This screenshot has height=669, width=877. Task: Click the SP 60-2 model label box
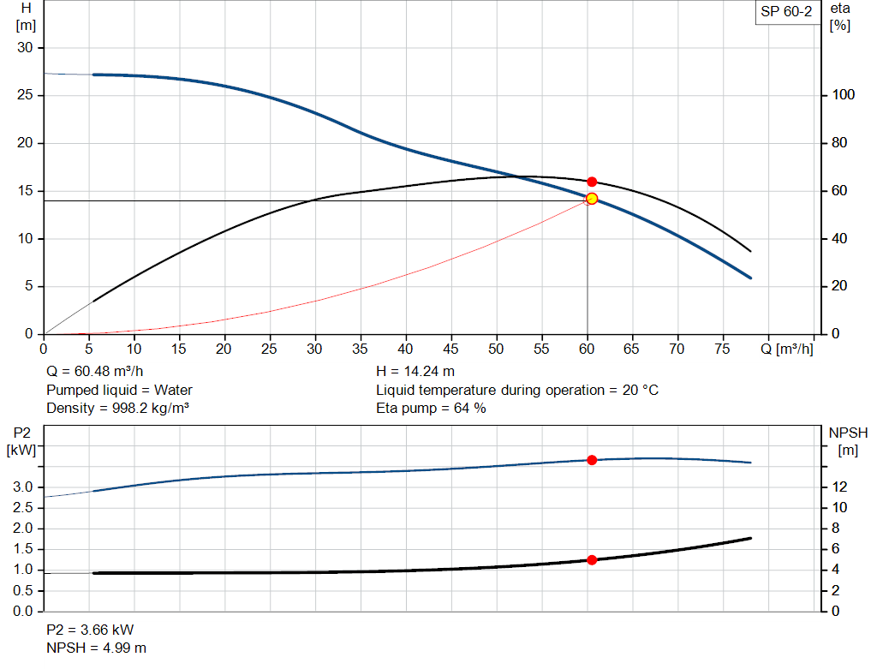tap(785, 12)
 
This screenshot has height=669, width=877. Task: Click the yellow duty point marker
tap(591, 199)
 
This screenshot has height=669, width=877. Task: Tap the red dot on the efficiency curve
tap(592, 182)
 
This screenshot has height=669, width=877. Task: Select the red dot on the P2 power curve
tap(592, 460)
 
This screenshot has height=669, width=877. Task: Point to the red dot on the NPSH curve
tap(592, 560)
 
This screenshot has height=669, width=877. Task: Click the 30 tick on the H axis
tap(25, 48)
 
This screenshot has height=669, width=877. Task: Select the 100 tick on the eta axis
tap(844, 95)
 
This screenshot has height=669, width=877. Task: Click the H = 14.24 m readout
tap(415, 372)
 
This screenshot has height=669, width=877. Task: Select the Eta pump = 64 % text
tap(431, 408)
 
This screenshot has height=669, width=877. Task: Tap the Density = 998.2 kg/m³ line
tap(117, 408)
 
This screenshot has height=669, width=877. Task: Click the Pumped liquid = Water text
tap(119, 390)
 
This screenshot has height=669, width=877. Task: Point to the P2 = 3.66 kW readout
tap(90, 630)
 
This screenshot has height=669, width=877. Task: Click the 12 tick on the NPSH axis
tap(839, 487)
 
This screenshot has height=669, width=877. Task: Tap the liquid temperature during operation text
tap(517, 390)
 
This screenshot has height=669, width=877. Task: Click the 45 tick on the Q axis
tap(451, 349)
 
